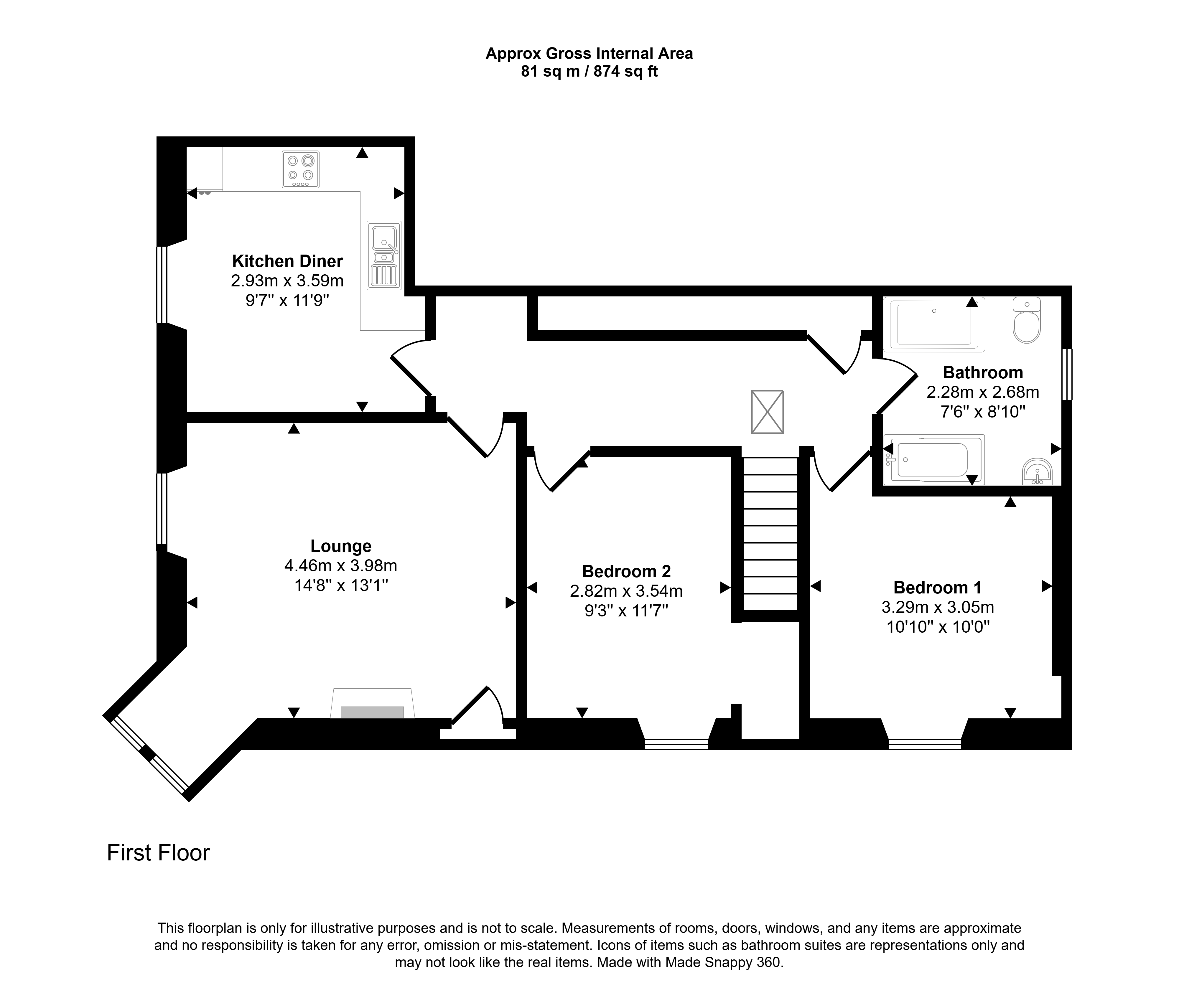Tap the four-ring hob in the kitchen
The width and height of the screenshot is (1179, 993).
(301, 169)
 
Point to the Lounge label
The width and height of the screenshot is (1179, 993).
(341, 546)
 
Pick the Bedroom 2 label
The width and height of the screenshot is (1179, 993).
(626, 571)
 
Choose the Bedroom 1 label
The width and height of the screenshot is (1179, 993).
(938, 588)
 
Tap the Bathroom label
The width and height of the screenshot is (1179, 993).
(982, 373)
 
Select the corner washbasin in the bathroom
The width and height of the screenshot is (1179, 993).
(1037, 472)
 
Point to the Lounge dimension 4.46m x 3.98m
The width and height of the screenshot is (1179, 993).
(341, 565)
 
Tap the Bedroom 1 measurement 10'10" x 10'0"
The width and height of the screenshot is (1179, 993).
(938, 626)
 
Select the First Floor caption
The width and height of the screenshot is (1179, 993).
(158, 853)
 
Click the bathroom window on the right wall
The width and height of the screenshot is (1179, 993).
(1066, 374)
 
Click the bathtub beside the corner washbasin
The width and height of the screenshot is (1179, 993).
(934, 459)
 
